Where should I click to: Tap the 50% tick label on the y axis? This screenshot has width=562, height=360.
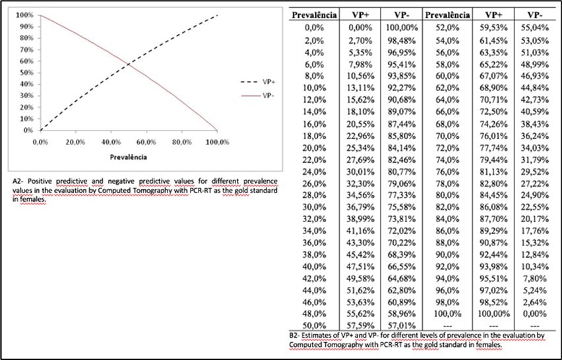point(28,73)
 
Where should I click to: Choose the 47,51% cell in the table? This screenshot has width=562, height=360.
point(362,266)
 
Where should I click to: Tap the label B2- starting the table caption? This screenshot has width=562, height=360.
point(296,336)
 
